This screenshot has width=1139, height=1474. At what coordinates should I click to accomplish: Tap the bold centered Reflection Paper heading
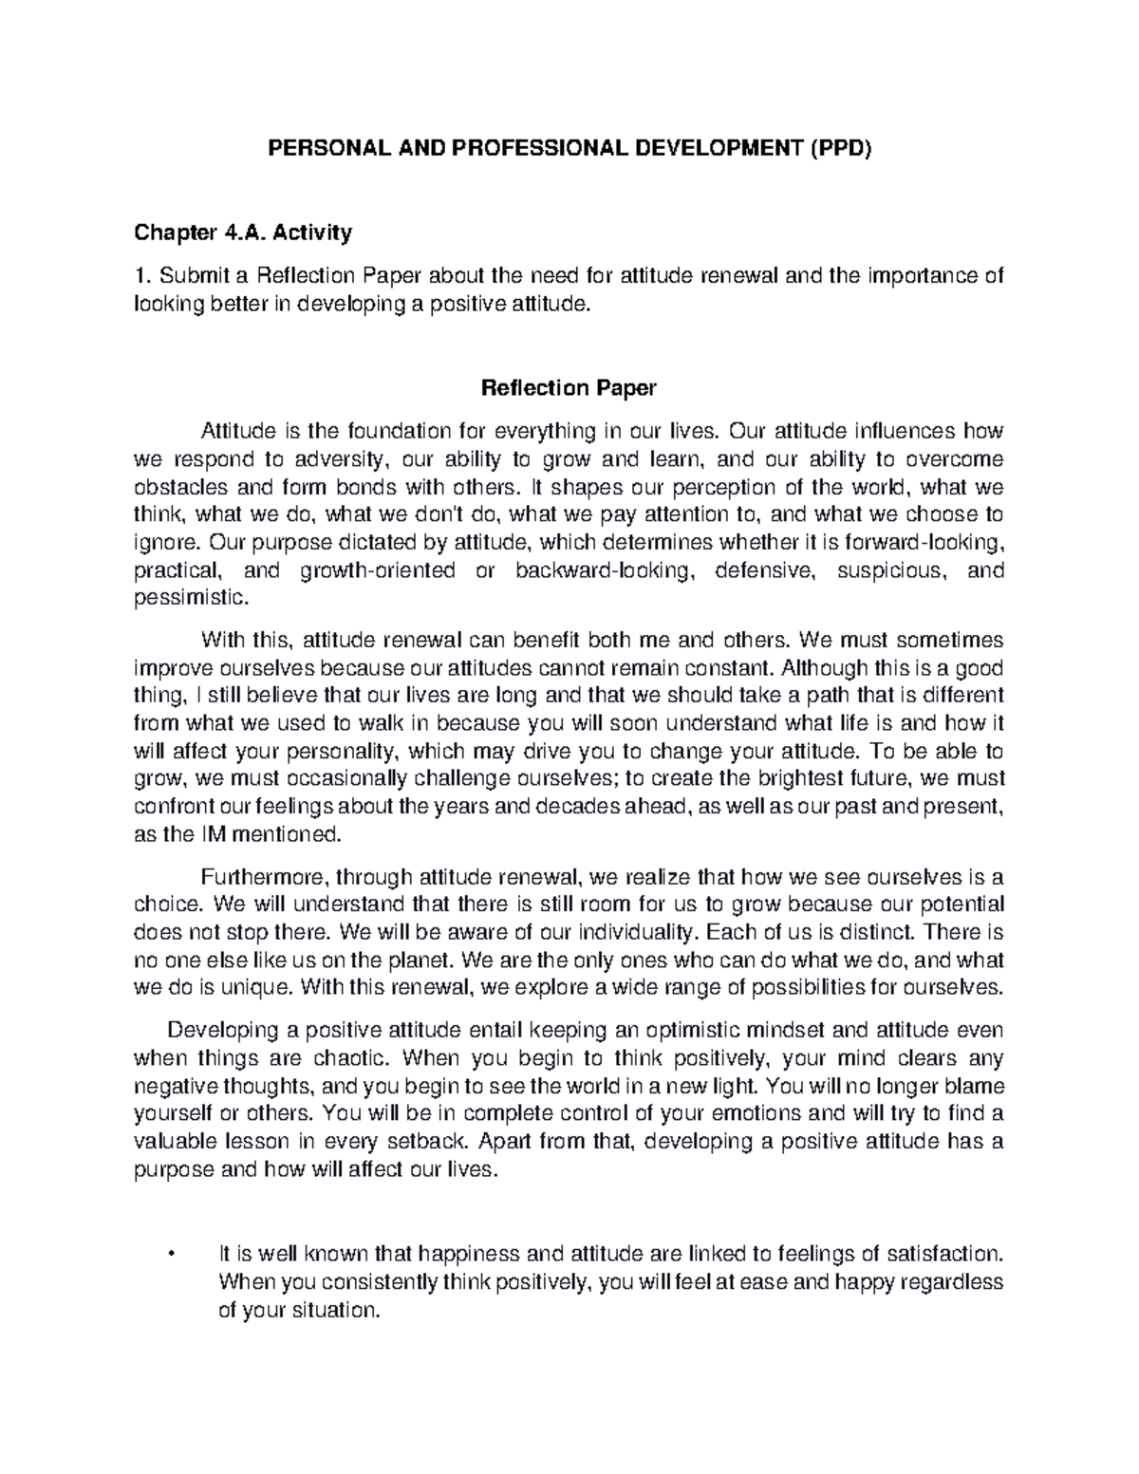point(569,387)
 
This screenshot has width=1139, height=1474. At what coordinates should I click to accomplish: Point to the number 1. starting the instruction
point(143,276)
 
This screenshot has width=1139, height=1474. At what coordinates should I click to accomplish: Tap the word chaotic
point(347,1057)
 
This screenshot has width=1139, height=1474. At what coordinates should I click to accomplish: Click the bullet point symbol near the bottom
point(170,1255)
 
